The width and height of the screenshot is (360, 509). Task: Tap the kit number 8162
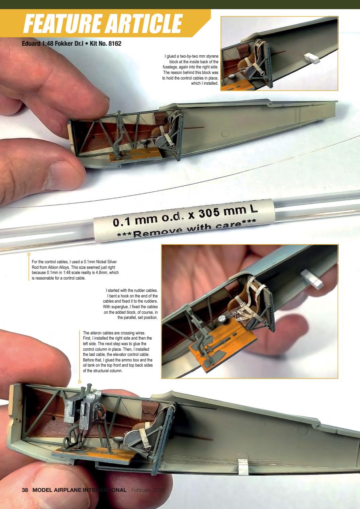point(113,43)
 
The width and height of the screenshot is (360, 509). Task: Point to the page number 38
point(25,490)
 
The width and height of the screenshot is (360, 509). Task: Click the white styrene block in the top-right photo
point(312,58)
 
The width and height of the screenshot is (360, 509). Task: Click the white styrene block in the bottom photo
point(243,466)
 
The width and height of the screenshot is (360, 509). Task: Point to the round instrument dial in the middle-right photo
point(222,319)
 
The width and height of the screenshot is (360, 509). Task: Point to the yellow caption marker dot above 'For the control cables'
point(29,254)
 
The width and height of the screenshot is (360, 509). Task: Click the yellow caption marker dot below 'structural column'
point(80,382)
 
